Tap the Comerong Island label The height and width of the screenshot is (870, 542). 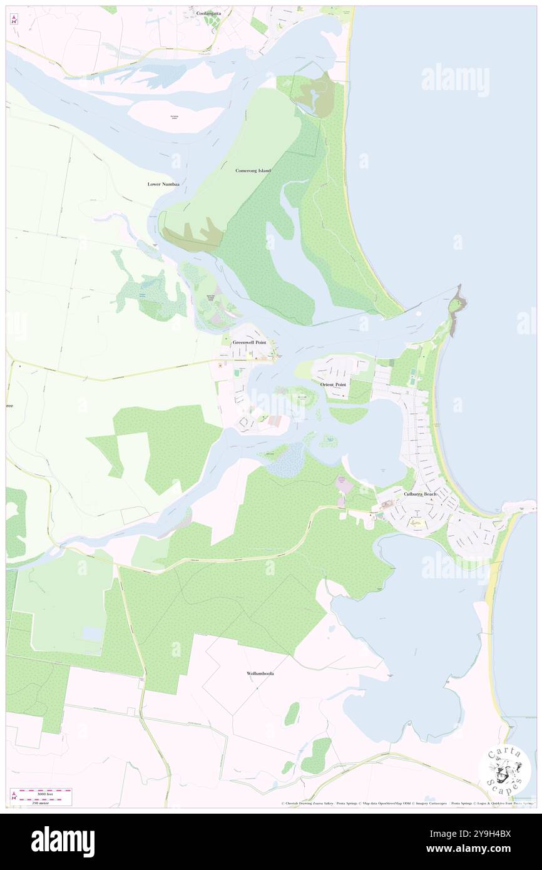[252, 170]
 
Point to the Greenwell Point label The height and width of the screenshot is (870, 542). [249, 342]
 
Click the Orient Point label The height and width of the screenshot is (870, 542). [333, 384]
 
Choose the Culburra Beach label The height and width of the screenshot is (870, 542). [420, 494]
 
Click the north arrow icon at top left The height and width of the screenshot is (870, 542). [14, 19]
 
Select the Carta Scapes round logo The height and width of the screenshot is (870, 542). [505, 771]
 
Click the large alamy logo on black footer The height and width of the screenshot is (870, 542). [63, 842]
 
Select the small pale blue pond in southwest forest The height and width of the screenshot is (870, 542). [92, 634]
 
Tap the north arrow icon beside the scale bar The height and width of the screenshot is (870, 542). [14, 796]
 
